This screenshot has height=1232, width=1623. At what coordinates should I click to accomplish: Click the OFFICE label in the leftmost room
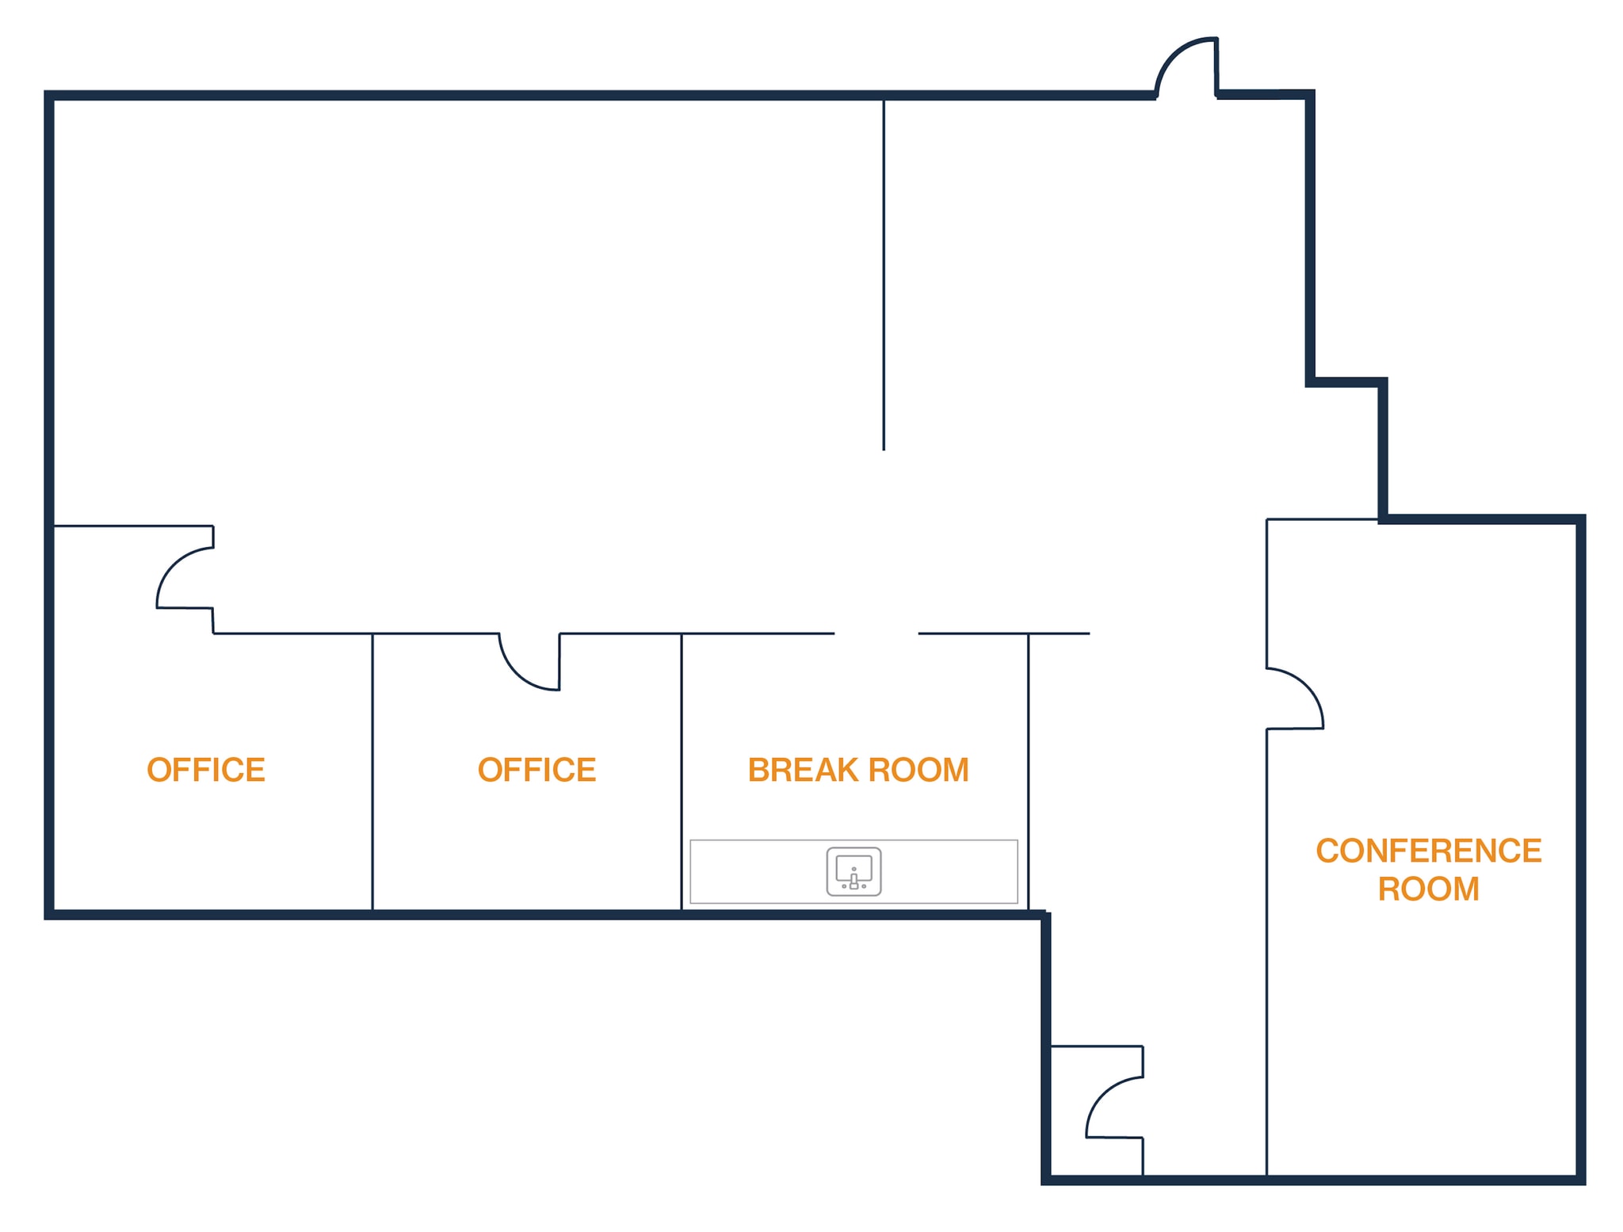pyautogui.click(x=206, y=770)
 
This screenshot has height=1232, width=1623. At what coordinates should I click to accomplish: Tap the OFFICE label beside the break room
pyautogui.click(x=537, y=770)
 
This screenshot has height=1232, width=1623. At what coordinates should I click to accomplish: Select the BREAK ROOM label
pyautogui.click(x=858, y=770)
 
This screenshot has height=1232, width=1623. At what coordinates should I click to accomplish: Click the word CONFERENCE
pyautogui.click(x=1428, y=851)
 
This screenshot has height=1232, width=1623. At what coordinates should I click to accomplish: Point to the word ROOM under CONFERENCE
pyautogui.click(x=1428, y=889)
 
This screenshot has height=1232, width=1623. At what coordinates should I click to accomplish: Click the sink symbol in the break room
pyautogui.click(x=854, y=871)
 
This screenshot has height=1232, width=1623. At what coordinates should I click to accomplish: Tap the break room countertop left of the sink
pyautogui.click(x=757, y=871)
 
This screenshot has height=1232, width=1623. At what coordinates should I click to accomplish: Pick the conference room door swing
pyautogui.click(x=1308, y=683)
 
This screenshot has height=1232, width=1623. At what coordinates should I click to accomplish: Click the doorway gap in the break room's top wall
pyautogui.click(x=876, y=633)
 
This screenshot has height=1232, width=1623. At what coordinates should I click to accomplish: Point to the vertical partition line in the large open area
pyautogui.click(x=884, y=274)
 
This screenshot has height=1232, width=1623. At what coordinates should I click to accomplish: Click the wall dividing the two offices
pyautogui.click(x=372, y=771)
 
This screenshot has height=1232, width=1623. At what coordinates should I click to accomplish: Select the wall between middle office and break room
pyautogui.click(x=682, y=771)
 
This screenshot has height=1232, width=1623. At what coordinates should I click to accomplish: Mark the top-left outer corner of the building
pyautogui.click(x=45, y=92)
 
